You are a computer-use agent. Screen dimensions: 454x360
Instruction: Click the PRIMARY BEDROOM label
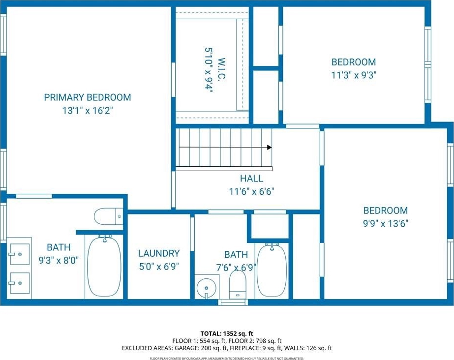88,97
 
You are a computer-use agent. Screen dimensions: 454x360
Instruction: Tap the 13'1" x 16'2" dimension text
88,111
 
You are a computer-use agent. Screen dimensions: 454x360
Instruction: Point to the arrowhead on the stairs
269,148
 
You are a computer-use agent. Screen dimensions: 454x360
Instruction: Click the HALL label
252,178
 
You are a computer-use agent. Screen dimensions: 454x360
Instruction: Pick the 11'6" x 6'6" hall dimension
252,192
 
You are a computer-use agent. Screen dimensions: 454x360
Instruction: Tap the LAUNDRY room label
159,253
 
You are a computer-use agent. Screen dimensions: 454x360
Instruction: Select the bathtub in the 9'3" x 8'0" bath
104,268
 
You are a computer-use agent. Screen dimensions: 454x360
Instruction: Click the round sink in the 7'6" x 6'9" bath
206,288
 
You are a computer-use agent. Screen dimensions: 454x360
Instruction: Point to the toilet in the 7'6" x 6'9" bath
238,285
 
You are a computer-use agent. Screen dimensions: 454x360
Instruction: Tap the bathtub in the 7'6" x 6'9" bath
272,270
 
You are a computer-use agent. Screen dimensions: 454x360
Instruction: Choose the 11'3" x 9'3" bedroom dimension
354,75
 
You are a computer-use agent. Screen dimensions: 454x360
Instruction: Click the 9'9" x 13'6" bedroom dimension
386,224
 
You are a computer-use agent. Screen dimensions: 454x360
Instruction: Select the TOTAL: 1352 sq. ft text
227,333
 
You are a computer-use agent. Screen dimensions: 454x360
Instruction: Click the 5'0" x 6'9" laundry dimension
159,267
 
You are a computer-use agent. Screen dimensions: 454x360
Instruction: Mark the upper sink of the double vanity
20,254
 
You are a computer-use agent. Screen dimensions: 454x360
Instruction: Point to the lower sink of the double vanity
20,283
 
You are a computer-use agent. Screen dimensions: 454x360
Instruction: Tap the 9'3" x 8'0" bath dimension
59,261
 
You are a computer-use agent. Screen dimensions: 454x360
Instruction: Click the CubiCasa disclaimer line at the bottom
227,359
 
